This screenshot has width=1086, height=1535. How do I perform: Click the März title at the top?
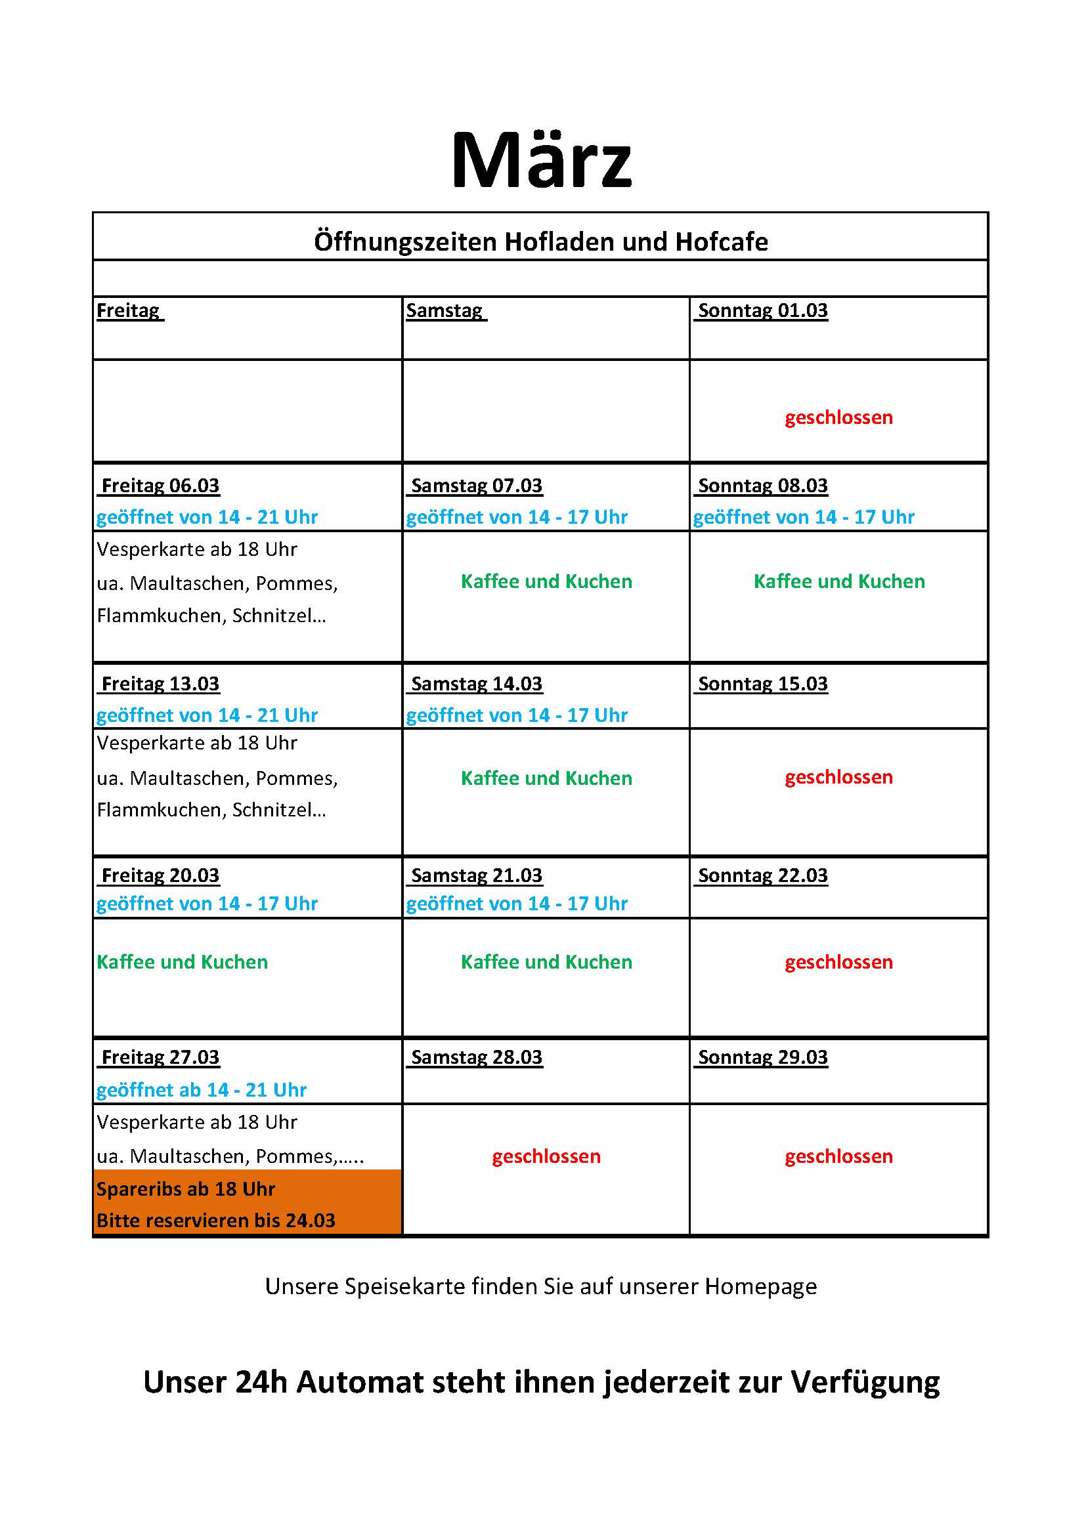pos(542,160)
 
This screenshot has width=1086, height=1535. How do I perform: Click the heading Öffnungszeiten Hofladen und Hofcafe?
pos(541,242)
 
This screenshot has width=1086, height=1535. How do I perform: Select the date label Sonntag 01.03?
pos(762,311)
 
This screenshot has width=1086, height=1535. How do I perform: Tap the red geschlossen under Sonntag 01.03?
pos(838,418)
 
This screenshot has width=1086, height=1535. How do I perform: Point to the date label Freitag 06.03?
pos(160,486)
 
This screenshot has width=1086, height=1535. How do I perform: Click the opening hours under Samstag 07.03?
pos(517,517)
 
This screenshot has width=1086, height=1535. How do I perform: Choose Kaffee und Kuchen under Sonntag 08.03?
pos(839,581)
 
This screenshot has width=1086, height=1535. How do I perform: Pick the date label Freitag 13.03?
pos(160,684)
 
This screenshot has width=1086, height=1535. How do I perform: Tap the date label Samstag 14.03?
pos(476,684)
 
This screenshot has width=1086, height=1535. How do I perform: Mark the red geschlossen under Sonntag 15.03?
pos(838,778)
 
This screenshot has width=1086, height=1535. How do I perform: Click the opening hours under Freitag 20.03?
pos(207,904)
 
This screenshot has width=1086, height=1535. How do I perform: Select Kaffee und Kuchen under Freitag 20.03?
pos(182,962)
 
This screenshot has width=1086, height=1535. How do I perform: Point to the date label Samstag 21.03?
pos(476,876)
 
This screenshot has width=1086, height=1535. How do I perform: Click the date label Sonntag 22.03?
pos(762,876)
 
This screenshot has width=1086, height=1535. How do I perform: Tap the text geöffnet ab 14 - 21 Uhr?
pos(202,1091)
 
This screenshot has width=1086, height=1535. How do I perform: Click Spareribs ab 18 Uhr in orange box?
pos(186,1189)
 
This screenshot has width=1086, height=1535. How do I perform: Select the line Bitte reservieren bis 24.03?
pos(215,1221)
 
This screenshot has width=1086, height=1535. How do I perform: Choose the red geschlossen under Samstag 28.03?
pos(546,1156)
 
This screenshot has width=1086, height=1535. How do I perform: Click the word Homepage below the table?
pos(760,1287)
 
